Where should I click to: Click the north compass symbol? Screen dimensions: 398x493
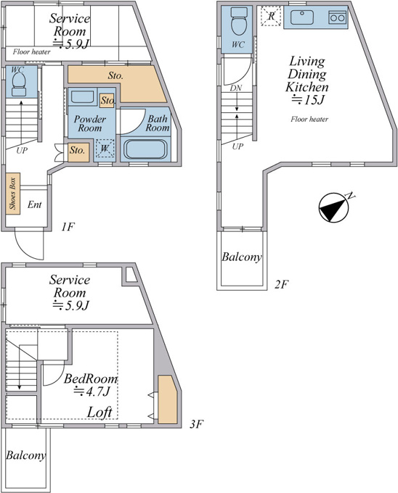coord(334,207)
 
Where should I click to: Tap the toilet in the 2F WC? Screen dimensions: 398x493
coord(239,21)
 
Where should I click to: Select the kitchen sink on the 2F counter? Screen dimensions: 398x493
coord(302,17)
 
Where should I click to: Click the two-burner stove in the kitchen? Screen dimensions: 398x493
coord(337,17)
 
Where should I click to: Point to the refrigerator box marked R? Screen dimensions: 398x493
coord(271,16)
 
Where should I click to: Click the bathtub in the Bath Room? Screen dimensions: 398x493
coord(145,149)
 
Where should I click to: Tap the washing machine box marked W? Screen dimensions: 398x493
coord(105,148)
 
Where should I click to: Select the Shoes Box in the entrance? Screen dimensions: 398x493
coord(12,194)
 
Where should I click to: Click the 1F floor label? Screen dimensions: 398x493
coord(68,227)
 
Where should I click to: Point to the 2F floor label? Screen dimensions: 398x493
coord(281,284)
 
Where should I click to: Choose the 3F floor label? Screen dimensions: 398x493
coord(195,424)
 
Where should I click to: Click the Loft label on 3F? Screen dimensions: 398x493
coord(99,413)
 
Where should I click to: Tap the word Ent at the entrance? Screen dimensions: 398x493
coord(34,204)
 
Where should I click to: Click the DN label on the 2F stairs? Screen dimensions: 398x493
coord(236,88)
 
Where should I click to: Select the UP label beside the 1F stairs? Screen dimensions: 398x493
coord(22,150)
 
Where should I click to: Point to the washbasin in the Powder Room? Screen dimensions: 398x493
coord(82,97)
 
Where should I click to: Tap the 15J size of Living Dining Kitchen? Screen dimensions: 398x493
coord(308,100)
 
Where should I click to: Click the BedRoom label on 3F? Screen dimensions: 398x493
coord(91,378)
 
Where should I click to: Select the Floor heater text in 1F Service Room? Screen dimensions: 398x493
coord(31,52)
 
